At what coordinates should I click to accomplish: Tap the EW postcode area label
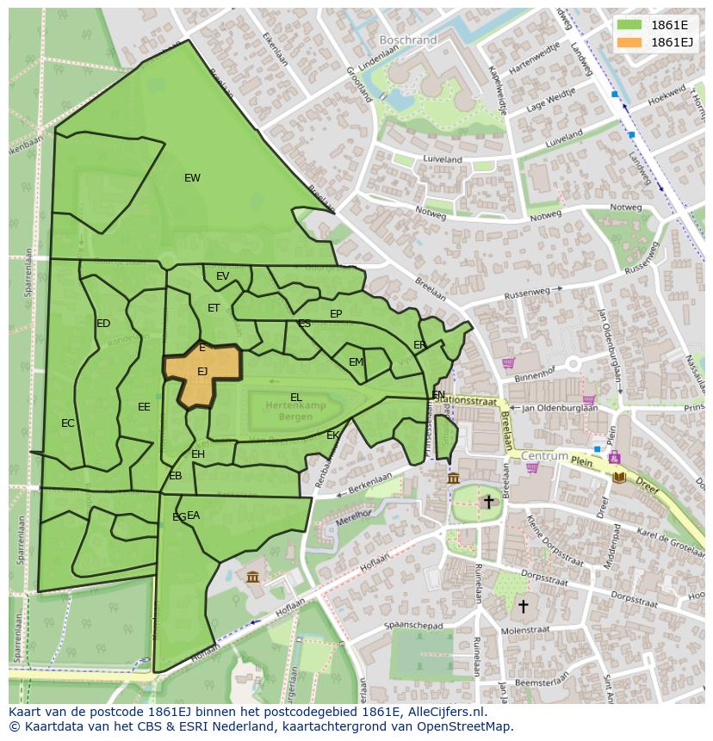pyautogui.click(x=192, y=178)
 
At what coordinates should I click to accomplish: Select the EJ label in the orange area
pyautogui.click(x=202, y=372)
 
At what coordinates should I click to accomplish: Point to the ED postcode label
pyautogui.click(x=103, y=324)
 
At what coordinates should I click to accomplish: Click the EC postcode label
pyautogui.click(x=68, y=423)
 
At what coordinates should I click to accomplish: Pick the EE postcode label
pyautogui.click(x=144, y=407)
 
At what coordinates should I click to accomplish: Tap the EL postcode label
pyautogui.click(x=296, y=398)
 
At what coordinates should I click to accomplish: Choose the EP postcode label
pyautogui.click(x=336, y=314)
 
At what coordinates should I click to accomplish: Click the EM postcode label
pyautogui.click(x=356, y=362)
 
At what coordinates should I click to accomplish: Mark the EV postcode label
pyautogui.click(x=223, y=276)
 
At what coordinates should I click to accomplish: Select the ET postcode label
pyautogui.click(x=214, y=308)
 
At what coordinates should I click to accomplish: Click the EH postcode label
pyautogui.click(x=198, y=454)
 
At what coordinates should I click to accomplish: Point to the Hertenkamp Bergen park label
pyautogui.click(x=295, y=410)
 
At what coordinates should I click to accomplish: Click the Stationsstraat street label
pyautogui.click(x=466, y=399)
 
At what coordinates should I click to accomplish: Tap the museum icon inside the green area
pyautogui.click(x=252, y=576)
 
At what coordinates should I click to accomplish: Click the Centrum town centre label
pyautogui.click(x=544, y=455)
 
